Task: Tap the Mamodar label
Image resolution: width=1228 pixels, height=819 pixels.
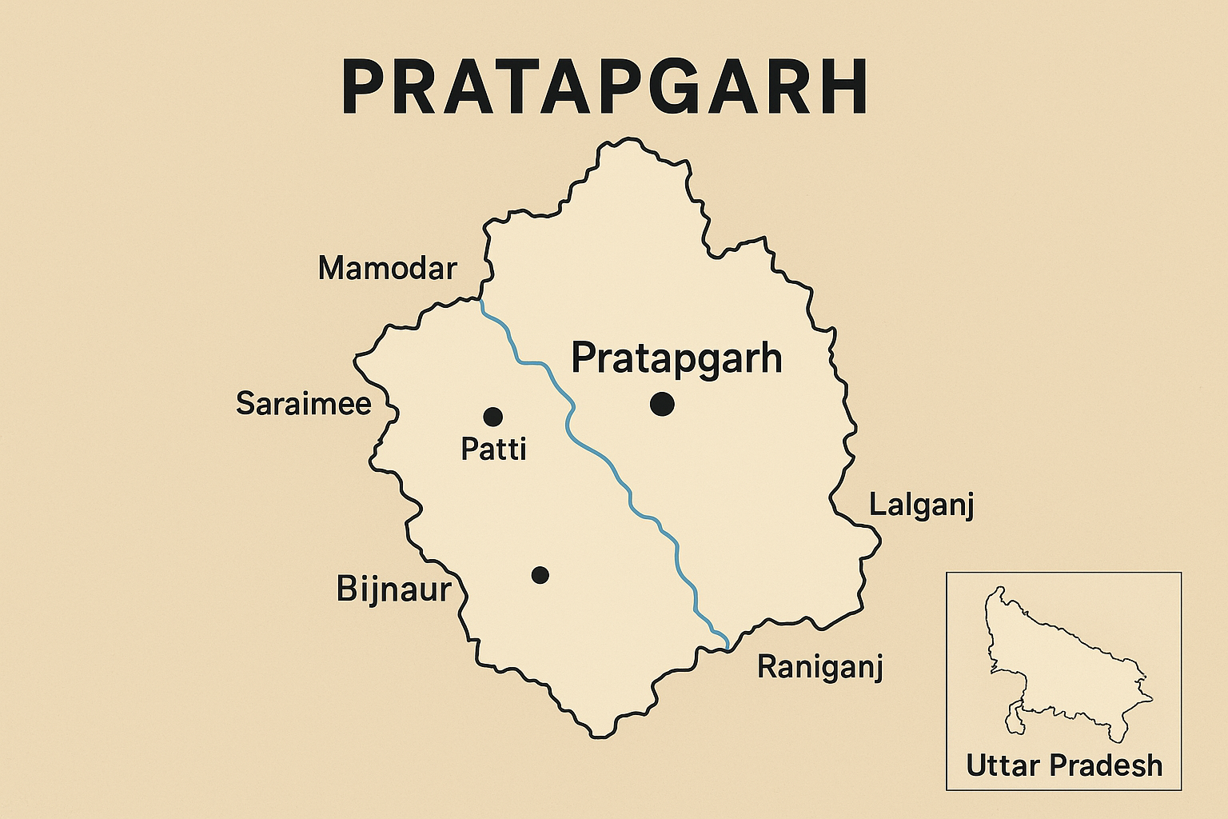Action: pyautogui.click(x=387, y=269)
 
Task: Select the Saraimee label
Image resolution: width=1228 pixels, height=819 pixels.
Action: pyautogui.click(x=303, y=404)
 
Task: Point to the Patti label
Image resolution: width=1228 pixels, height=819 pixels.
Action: pyautogui.click(x=493, y=449)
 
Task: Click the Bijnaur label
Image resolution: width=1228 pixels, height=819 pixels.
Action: pyautogui.click(x=393, y=589)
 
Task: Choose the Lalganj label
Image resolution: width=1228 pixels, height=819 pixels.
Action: pyautogui.click(x=921, y=506)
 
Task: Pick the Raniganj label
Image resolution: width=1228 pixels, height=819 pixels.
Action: pyautogui.click(x=819, y=666)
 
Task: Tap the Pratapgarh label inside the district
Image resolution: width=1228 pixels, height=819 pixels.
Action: pyautogui.click(x=676, y=358)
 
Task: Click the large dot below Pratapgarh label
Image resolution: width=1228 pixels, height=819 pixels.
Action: pyautogui.click(x=662, y=404)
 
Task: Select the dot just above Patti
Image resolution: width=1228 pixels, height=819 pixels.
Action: pyautogui.click(x=492, y=416)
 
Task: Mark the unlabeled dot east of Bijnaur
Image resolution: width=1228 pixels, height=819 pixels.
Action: pyautogui.click(x=540, y=574)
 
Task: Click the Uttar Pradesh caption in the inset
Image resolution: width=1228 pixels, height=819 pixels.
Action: pyautogui.click(x=1064, y=765)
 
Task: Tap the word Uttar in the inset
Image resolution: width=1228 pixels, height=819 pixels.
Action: pyautogui.click(x=1003, y=765)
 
